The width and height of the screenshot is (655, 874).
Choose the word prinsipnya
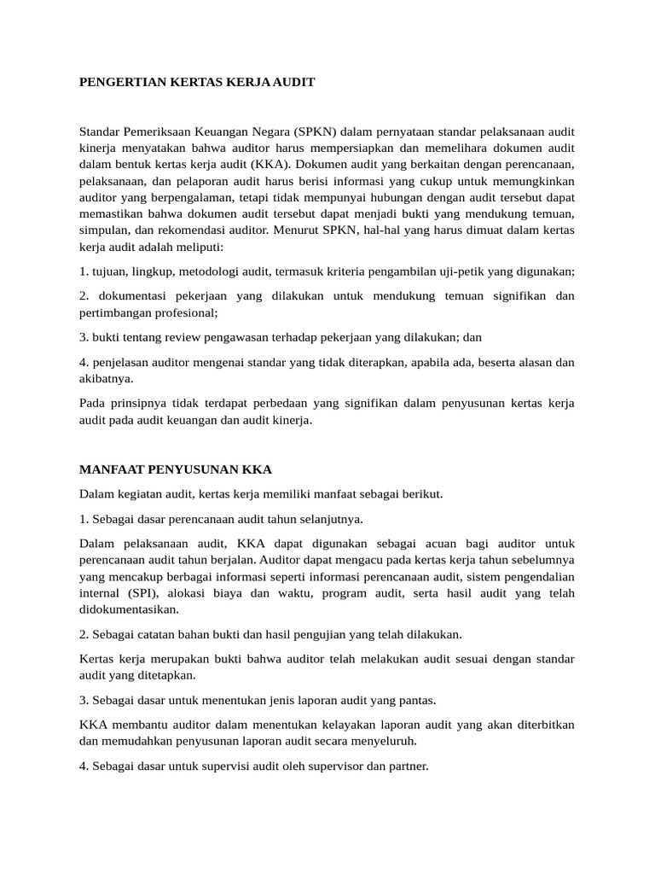tap(137, 403)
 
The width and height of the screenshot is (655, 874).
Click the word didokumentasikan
tap(129, 609)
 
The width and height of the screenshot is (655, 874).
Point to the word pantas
tap(415, 701)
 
